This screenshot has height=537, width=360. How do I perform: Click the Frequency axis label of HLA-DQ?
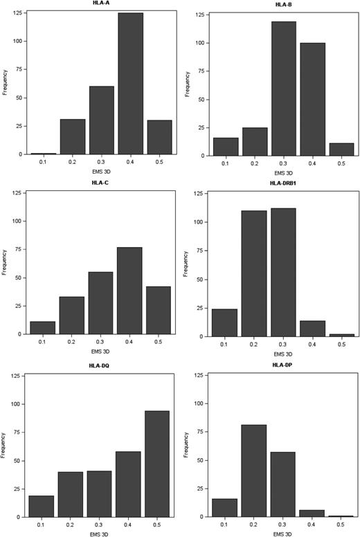click(x=4, y=446)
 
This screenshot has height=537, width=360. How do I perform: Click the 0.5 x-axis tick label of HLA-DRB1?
click(x=341, y=344)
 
